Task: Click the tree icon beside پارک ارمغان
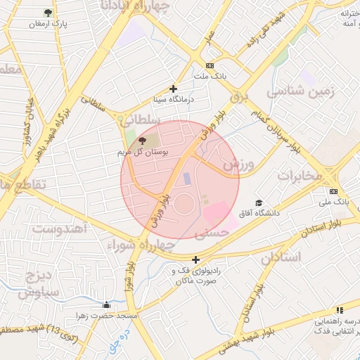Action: click(48, 13)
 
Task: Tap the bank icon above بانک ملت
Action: click(210, 65)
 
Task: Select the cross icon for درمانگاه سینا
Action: click(173, 89)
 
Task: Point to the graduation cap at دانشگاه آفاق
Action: click(259, 202)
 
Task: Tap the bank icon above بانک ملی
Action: click(333, 191)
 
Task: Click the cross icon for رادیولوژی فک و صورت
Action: click(195, 259)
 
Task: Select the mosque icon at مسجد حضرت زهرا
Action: click(106, 304)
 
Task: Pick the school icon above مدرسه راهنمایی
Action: click(340, 309)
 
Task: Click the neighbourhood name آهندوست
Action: click(60, 229)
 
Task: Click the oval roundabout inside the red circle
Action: click(184, 206)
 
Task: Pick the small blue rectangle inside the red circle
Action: click(187, 179)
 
